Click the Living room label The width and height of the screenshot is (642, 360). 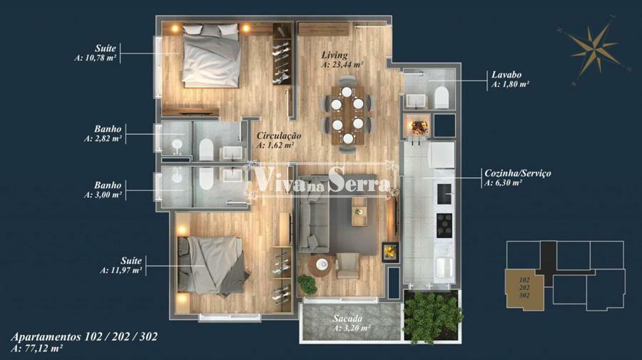pyautogui.click(x=335, y=55)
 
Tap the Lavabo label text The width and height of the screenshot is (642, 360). pyautogui.click(x=506, y=75)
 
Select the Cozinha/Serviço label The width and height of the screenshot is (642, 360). pyautogui.click(x=518, y=173)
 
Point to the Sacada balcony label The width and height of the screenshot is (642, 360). pyautogui.click(x=347, y=318)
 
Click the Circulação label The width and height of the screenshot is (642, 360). pyautogui.click(x=279, y=135)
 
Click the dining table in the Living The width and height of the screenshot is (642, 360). pyautogui.click(x=347, y=115)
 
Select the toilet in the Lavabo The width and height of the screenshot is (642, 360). pyautogui.click(x=442, y=98)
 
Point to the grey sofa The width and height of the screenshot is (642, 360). pyautogui.click(x=314, y=214)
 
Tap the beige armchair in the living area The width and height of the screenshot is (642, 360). pyautogui.click(x=347, y=265)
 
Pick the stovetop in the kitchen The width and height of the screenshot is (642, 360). pyautogui.click(x=444, y=225)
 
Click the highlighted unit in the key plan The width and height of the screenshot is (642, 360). pyautogui.click(x=524, y=288)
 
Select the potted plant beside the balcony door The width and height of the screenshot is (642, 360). pyautogui.click(x=307, y=284)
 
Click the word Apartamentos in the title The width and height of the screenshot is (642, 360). pyautogui.click(x=46, y=337)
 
